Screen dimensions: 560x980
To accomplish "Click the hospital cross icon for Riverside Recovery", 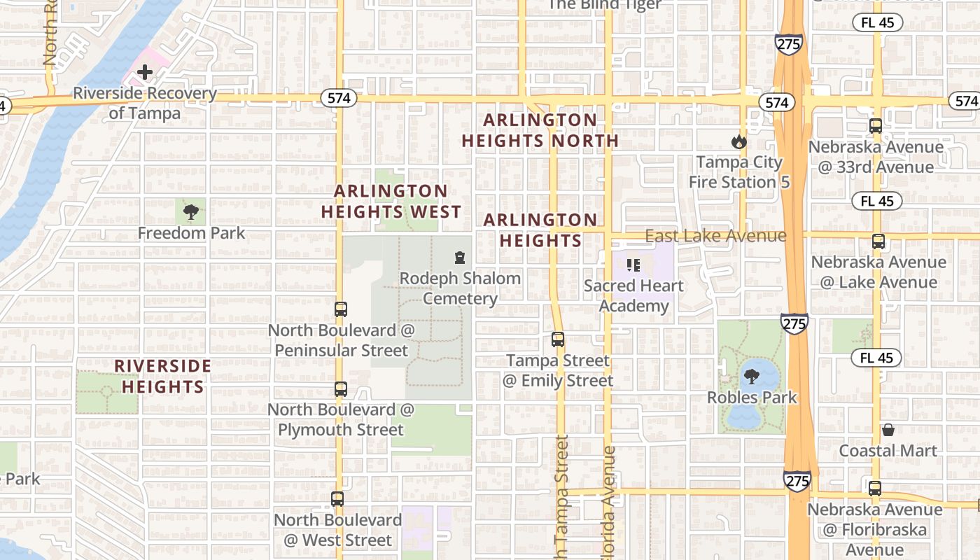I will click(x=145, y=72).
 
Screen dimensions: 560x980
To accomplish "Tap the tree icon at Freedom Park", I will click(x=190, y=212).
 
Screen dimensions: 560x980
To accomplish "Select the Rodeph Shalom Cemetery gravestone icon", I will click(x=460, y=258).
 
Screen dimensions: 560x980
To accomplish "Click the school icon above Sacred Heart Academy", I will click(x=633, y=265).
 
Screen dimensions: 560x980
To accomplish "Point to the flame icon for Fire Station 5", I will click(x=738, y=142).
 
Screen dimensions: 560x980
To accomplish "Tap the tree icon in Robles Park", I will click(x=752, y=377).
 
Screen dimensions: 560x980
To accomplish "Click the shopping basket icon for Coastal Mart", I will click(x=888, y=430).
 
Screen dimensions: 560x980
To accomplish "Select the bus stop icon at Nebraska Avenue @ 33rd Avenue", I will click(x=876, y=126).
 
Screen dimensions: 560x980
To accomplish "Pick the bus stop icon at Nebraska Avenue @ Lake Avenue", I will click(x=878, y=241).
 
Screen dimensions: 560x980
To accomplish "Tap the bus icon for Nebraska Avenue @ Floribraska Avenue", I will click(x=875, y=489).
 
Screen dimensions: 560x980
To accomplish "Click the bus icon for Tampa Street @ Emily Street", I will click(x=558, y=339).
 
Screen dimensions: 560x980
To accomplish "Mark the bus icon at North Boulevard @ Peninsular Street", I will click(x=341, y=309).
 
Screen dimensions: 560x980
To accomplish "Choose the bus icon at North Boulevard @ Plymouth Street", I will click(x=341, y=389).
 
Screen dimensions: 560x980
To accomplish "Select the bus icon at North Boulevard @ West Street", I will click(x=337, y=499).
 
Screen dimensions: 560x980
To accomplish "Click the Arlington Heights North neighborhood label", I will click(x=540, y=130).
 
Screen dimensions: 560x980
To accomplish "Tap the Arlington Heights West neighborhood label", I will click(x=391, y=201).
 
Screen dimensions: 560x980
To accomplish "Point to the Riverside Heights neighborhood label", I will click(x=163, y=376).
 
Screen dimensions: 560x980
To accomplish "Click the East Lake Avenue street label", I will click(x=715, y=236).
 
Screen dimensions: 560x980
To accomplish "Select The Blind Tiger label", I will click(x=604, y=5).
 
